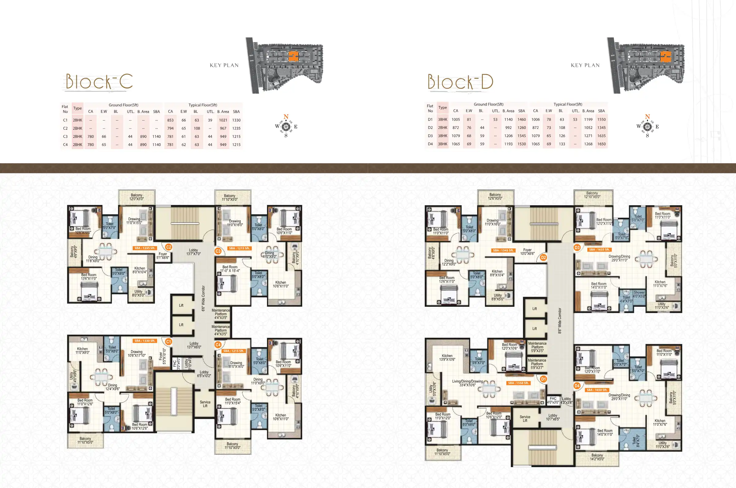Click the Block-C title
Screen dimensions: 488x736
(x=99, y=82)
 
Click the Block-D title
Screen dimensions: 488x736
(x=460, y=82)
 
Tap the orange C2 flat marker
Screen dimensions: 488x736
(x=169, y=247)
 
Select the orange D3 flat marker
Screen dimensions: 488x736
(x=577, y=248)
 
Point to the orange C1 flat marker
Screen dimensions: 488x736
(x=168, y=342)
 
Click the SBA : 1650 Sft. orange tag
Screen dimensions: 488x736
(x=597, y=390)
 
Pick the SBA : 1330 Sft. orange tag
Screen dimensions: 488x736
(x=145, y=341)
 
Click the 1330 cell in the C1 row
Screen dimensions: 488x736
(x=236, y=120)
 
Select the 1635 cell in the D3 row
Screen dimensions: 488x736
(x=601, y=136)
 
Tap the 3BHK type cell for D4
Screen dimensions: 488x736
(x=442, y=144)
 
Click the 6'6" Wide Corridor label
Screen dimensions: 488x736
(x=203, y=298)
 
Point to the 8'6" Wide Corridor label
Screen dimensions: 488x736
(x=560, y=321)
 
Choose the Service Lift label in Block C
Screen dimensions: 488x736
(x=205, y=404)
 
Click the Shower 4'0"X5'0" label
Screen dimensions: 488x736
(x=639, y=294)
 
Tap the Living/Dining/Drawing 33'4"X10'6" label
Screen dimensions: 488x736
(x=467, y=383)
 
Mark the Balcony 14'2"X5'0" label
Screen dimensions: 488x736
(x=597, y=457)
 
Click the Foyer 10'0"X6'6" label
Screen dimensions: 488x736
(x=527, y=252)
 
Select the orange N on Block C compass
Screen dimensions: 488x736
(x=286, y=117)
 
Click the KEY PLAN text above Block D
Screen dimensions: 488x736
(x=585, y=65)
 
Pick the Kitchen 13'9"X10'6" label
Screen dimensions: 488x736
(x=447, y=358)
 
